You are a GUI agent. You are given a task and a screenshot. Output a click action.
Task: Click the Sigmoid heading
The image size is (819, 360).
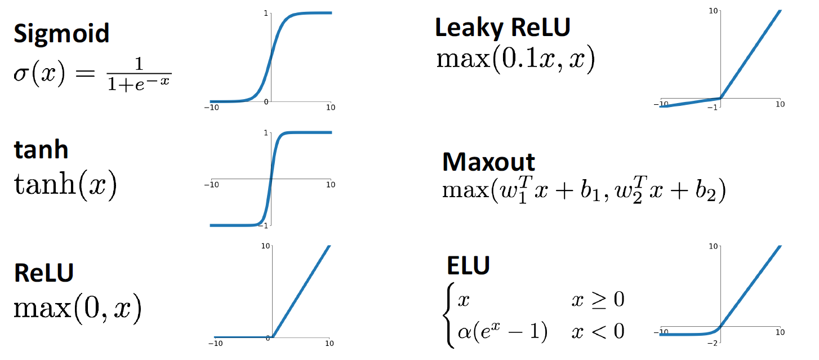pos(61,34)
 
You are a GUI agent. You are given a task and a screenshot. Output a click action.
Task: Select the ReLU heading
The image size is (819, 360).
pos(43,273)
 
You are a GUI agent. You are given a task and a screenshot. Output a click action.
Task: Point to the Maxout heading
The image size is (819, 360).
pos(488,162)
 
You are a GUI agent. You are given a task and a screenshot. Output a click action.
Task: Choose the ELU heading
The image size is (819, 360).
pos(468,265)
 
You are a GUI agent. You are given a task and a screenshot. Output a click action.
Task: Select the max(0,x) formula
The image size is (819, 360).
pos(77,308)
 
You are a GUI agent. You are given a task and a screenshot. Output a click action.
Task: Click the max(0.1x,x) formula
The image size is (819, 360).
pos(515,60)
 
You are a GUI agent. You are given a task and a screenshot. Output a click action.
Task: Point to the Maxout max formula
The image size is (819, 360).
pos(584,192)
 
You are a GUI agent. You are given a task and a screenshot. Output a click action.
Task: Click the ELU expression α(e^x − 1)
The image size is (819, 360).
pos(502,331)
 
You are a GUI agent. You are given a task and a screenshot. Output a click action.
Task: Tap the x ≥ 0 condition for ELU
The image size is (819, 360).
pos(597,300)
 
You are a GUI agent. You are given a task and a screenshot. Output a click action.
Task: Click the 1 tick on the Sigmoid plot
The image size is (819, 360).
pos(265,12)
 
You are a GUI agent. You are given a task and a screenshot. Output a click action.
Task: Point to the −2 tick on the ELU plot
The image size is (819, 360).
pos(711,343)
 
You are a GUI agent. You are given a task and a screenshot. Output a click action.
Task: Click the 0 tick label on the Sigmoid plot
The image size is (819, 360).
pos(266,101)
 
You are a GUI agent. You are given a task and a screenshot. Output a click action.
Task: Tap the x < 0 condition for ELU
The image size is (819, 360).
pos(597,331)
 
